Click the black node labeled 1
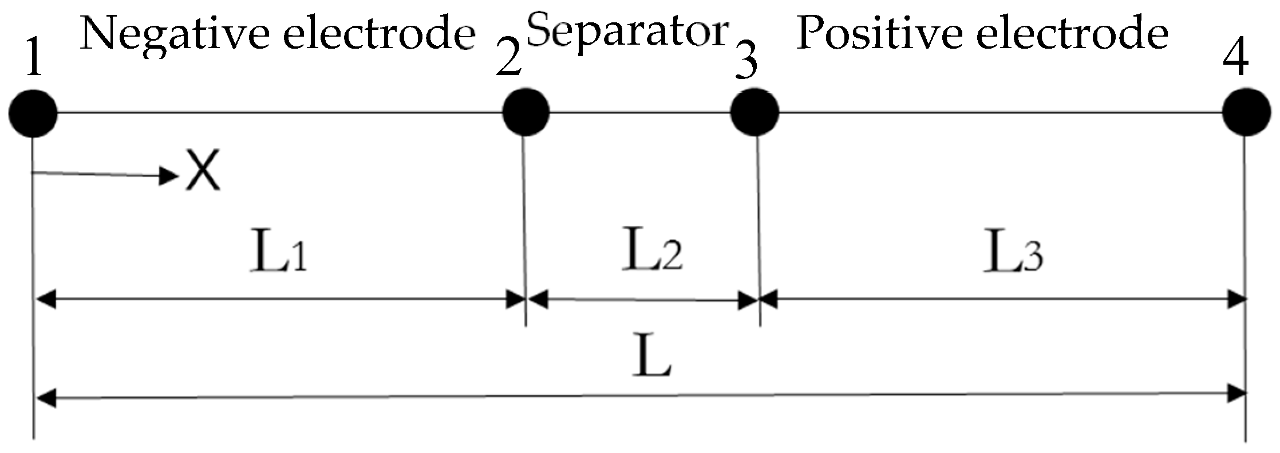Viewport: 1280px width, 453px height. point(33,112)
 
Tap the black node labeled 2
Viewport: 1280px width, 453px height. point(526,112)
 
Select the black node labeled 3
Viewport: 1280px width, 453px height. point(754,112)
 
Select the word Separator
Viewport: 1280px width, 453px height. point(626,31)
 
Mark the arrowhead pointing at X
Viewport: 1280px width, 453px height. point(170,175)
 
